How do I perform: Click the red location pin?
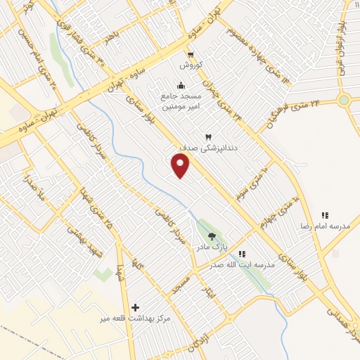tap(181, 166)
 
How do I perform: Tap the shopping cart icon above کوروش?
tap(191, 54)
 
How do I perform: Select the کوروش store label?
tap(191, 65)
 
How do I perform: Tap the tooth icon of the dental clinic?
tap(207, 136)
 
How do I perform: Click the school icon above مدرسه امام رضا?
tap(325, 215)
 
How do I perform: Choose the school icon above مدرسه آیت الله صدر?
tap(242, 253)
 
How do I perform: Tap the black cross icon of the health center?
tap(136, 307)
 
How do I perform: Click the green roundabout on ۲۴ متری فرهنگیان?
tap(343, 100)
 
